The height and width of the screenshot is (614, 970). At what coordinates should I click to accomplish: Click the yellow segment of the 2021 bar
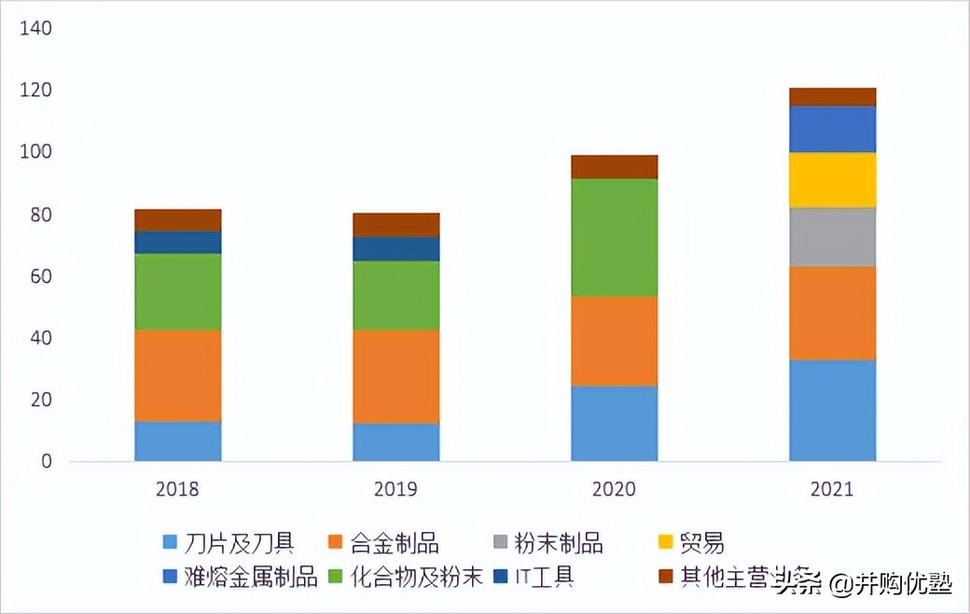[832, 179]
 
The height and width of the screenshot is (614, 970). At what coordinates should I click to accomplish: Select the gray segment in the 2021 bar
[832, 236]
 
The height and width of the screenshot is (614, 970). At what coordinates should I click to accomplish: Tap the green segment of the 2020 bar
[614, 237]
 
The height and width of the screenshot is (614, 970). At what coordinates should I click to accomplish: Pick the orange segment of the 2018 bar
[177, 375]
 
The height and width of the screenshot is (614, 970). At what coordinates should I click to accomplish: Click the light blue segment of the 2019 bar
[395, 441]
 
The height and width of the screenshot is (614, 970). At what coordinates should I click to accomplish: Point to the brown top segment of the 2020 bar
[614, 166]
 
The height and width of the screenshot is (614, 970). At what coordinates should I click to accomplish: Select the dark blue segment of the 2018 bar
[177, 242]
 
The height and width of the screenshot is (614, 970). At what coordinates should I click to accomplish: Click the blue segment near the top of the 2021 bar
[832, 129]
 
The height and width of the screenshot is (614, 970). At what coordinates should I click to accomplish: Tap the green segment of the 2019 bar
[395, 295]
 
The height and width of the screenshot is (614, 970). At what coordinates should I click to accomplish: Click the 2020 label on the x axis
[614, 489]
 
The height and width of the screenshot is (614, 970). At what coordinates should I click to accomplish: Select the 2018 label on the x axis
[177, 489]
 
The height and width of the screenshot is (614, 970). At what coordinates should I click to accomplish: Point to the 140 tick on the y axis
[35, 29]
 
